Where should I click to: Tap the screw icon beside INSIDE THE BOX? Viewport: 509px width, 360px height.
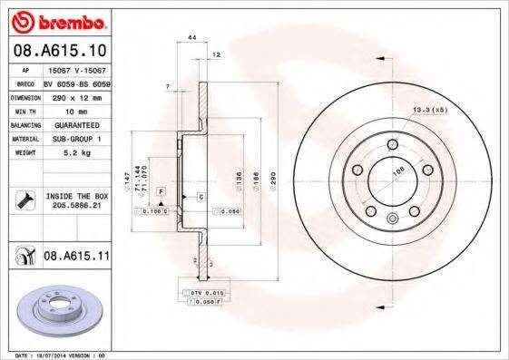coord(24,199)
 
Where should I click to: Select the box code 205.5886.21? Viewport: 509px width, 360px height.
coord(76,205)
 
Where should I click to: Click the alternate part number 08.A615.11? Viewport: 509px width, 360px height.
coord(75,257)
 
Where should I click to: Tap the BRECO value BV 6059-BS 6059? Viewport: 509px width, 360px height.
coord(76,82)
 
